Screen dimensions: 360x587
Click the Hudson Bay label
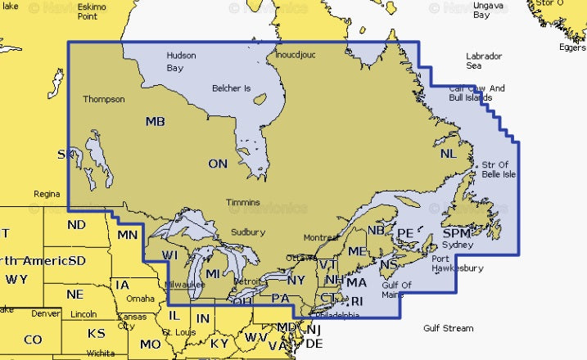[180, 62]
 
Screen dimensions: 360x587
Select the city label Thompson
[104, 100]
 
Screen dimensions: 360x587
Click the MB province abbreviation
[155, 122]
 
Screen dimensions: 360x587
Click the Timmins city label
[243, 202]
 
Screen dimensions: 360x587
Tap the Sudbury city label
[247, 232]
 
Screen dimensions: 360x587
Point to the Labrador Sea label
[485, 61]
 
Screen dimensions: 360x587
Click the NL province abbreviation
[448, 154]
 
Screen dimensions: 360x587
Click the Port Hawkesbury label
[457, 263]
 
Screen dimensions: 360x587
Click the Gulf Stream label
[448, 328]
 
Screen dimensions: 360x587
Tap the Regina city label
[46, 195]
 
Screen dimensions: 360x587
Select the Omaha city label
[140, 299]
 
